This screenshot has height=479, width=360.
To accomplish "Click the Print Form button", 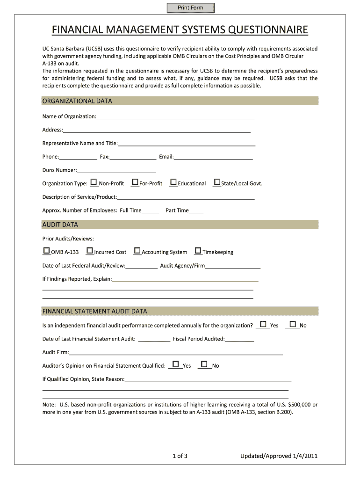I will (190, 8).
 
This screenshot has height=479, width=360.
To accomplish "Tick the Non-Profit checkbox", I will (94, 182).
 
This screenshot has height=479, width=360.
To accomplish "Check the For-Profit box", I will (135, 182).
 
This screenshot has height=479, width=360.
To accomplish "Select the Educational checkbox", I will (173, 182).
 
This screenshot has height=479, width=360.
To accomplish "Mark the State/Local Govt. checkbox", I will (217, 182).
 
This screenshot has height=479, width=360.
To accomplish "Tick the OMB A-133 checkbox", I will (46, 251).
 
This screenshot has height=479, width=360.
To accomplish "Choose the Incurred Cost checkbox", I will (90, 251).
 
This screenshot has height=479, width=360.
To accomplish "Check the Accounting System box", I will (137, 251).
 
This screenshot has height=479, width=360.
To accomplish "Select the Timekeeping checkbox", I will (198, 251).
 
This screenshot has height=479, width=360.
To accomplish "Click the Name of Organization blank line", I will (175, 117).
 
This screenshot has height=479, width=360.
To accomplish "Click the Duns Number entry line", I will (116, 171).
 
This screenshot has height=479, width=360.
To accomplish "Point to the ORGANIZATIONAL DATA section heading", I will (77, 101).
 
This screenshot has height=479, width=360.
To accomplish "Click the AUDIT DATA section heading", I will (60, 225).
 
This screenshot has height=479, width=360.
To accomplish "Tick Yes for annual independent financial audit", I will (264, 324).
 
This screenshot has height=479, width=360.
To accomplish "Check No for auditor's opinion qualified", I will (204, 364).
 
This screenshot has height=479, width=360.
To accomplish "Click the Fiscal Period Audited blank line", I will (239, 340).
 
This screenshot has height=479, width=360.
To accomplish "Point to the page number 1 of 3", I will (180, 456).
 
